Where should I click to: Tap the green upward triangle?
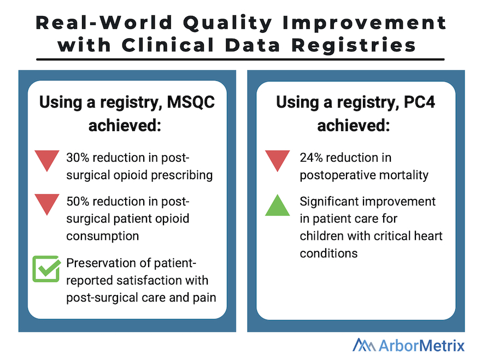click(278, 206)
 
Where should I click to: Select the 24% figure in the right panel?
click(312, 158)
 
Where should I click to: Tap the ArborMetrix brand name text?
click(425, 345)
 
